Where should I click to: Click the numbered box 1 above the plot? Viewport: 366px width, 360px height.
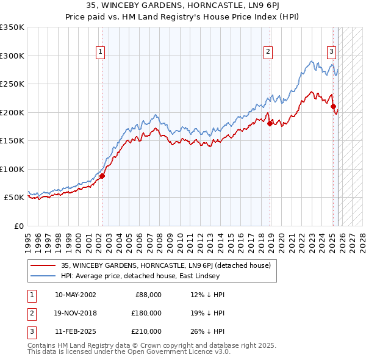click(x=101, y=52)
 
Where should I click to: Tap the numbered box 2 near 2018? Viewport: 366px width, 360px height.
click(x=268, y=52)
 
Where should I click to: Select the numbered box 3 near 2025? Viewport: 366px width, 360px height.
click(x=331, y=52)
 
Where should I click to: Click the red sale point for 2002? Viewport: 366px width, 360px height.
click(x=102, y=176)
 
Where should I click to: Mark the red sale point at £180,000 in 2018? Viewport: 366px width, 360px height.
click(x=270, y=123)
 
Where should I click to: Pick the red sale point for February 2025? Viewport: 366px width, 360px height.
click(x=334, y=106)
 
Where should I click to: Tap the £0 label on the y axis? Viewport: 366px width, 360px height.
click(x=18, y=226)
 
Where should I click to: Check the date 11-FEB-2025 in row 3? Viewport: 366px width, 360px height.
click(x=75, y=331)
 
